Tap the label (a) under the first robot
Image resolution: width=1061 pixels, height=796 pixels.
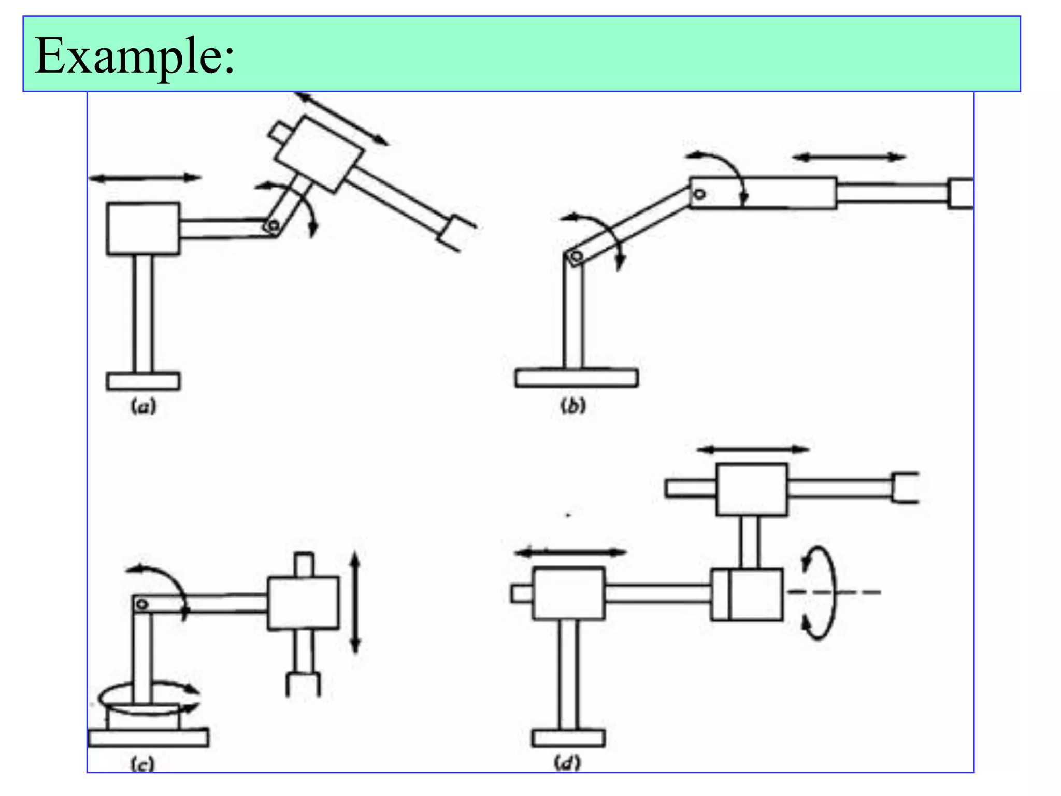coord(143,406)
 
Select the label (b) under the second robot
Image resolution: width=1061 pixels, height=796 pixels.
coord(573,405)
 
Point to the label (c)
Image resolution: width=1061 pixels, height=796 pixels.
coord(142,764)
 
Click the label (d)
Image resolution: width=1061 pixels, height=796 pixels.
coord(568,763)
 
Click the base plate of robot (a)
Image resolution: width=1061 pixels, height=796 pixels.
coord(144,381)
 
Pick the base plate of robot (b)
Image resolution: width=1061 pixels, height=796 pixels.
coord(577,377)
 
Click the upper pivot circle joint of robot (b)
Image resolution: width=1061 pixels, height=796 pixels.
coord(699,194)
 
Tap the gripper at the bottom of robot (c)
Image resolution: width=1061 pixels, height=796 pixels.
coord(303,683)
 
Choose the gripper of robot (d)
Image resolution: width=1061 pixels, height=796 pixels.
coord(905,487)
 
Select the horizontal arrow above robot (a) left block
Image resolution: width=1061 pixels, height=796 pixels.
coord(145,178)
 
